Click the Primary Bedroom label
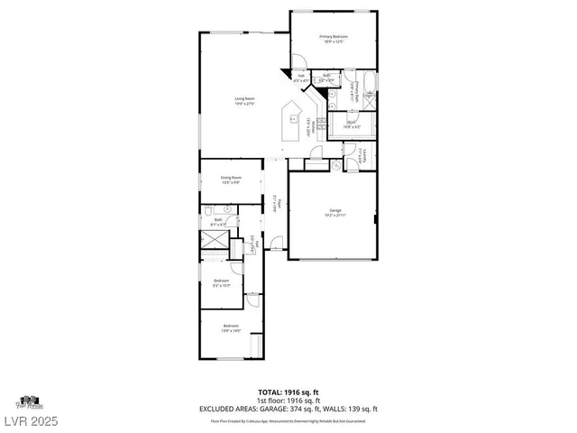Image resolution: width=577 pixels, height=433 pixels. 333,38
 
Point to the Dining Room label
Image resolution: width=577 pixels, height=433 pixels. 231,180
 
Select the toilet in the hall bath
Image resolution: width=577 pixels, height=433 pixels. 229,209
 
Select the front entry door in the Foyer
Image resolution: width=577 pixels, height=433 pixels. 278,244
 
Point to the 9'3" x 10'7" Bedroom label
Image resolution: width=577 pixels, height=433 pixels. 222,282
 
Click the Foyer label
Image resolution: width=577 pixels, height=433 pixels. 278,204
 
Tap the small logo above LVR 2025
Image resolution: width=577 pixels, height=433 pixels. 30,401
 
